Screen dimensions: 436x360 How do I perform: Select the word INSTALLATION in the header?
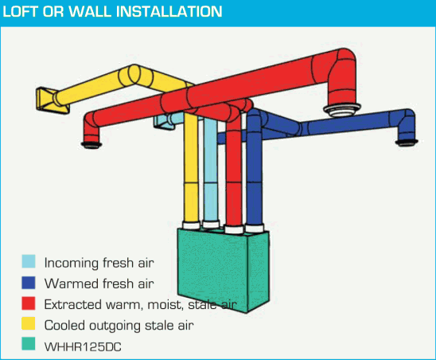coord(169,12)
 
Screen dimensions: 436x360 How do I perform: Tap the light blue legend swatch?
coord(29,261)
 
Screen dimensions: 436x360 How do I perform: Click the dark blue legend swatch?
coord(29,283)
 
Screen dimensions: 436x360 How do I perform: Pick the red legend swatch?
coord(29,303)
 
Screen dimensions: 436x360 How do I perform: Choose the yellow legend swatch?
coord(29,323)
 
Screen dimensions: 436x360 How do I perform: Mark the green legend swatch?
coord(29,343)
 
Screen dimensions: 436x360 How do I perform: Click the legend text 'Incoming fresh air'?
coord(99,263)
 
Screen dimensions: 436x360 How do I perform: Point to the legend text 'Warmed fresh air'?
coord(99,284)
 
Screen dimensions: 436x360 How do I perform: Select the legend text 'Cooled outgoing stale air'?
coord(119,326)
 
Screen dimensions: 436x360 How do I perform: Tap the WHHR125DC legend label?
coord(83,347)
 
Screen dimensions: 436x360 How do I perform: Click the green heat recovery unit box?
coord(224,270)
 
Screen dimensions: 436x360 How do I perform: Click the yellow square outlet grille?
coord(53,100)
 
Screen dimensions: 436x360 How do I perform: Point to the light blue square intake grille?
coord(164,121)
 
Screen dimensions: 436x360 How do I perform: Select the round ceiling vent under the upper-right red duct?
coord(342,110)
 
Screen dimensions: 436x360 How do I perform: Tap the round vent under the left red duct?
coord(91,144)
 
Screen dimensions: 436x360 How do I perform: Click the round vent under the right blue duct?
coord(407,143)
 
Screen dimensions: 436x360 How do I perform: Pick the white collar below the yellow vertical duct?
coord(191,225)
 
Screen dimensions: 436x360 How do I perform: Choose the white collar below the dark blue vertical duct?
coord(255,229)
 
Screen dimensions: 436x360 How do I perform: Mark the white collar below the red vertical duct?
coord(234,229)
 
